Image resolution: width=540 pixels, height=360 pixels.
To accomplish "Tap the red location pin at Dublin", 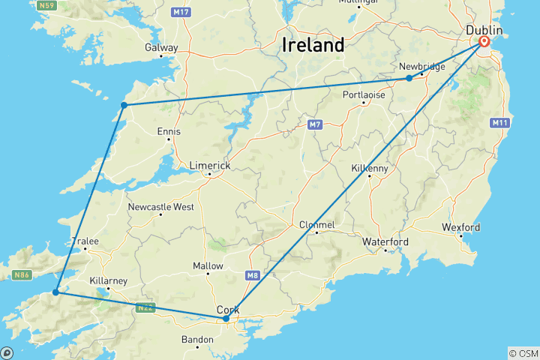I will coord(484,43).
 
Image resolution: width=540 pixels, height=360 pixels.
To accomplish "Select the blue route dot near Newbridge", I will coord(409,78).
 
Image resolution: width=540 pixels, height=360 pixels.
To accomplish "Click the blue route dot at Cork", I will coord(226,319).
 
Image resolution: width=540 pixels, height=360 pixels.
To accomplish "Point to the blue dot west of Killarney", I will coord(55,292).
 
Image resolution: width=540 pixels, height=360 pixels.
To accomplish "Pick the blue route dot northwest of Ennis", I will coord(124,105).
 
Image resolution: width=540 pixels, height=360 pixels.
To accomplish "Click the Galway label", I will coord(162,48).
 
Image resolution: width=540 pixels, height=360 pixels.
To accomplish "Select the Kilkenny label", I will coord(370,169).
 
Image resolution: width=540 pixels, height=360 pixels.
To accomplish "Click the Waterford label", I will coord(385,242).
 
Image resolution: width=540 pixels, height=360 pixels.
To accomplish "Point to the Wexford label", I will coord(461,227).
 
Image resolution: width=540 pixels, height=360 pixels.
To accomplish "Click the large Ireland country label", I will coord(313,45).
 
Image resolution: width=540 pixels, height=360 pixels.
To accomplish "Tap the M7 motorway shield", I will coord(313,123).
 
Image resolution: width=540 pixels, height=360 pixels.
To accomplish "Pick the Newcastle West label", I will coord(160,207).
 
